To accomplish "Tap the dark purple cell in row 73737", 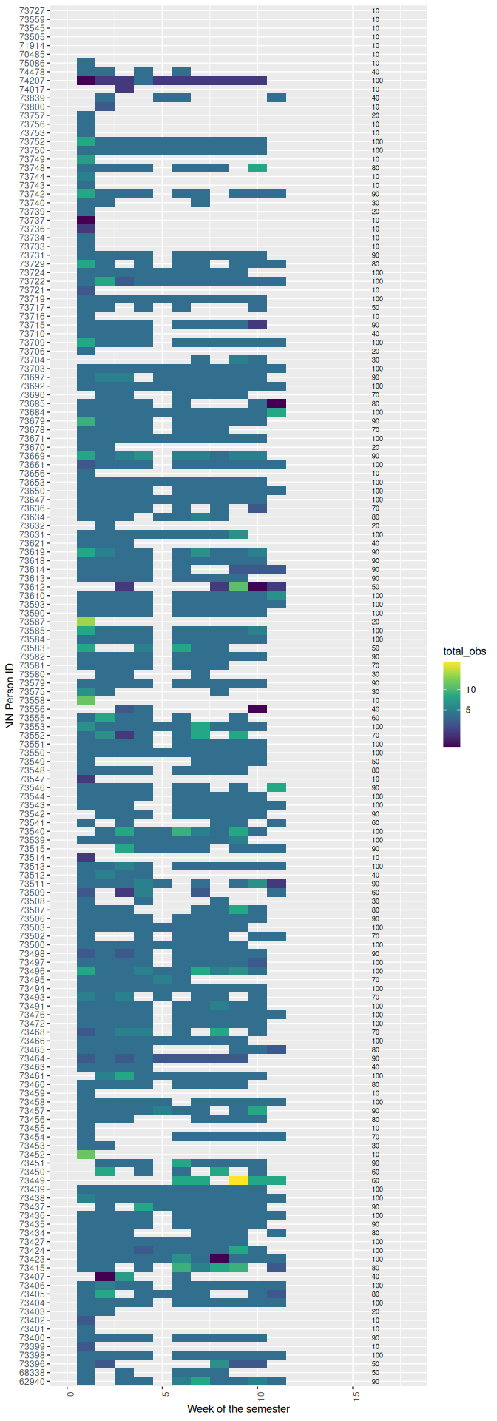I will (86, 221).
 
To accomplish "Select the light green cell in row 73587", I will (86, 622).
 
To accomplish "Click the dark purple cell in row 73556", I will (257, 709).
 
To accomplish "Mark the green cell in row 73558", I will (86, 700).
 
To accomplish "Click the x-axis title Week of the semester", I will (238, 1409).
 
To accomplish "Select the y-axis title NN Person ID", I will (9, 696).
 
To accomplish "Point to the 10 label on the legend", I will (471, 689).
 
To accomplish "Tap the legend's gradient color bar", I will (451, 703).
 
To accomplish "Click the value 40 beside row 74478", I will (376, 72).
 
